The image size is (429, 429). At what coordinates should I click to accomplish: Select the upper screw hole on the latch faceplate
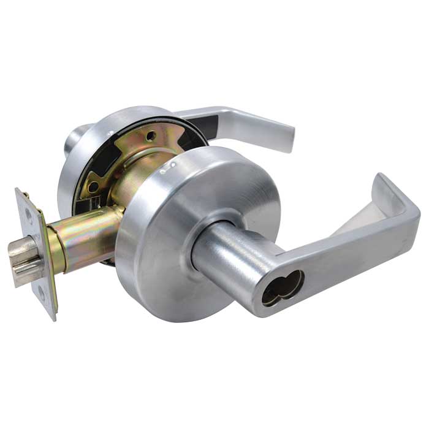[x=29, y=214]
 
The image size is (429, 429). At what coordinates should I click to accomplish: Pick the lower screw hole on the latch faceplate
[x=42, y=292]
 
